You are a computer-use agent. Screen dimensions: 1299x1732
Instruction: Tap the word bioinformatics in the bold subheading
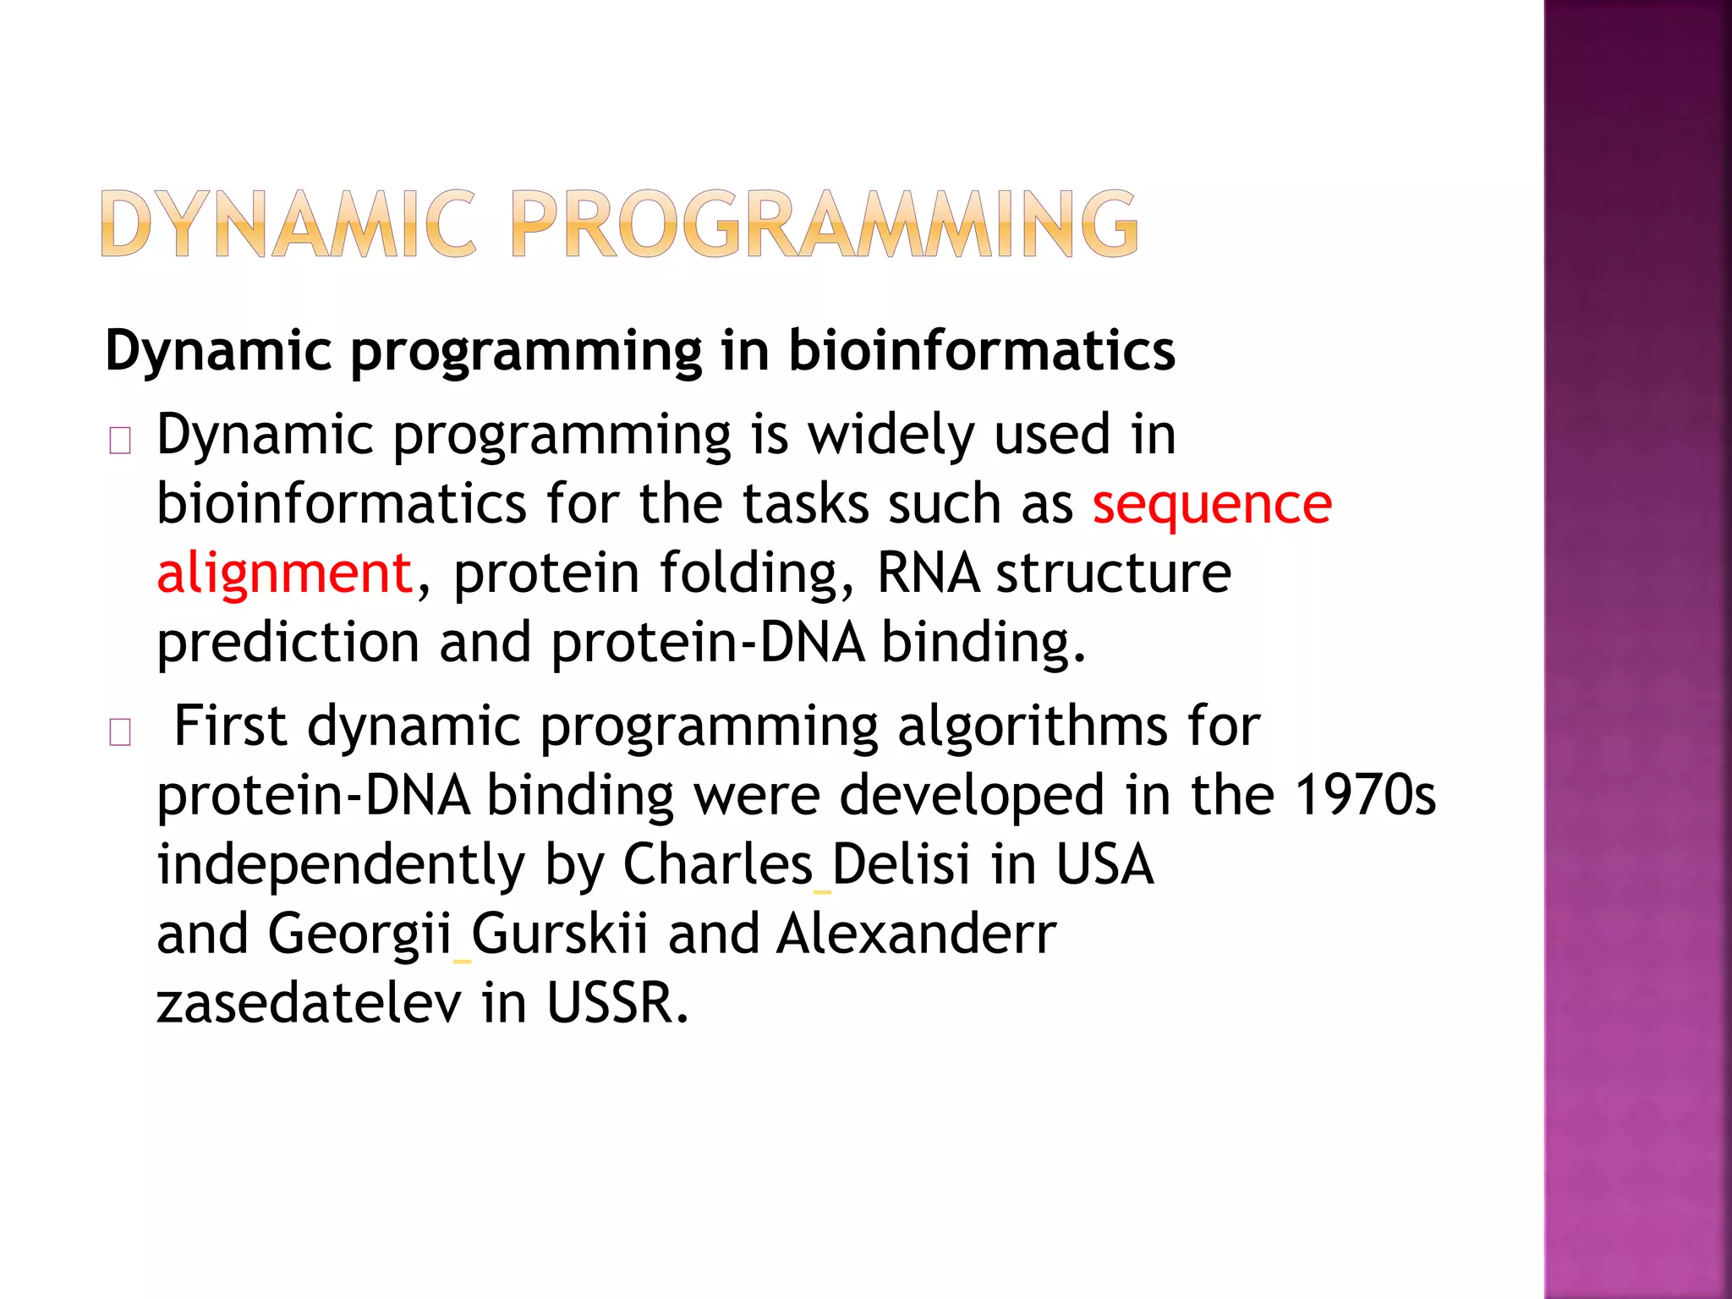981,350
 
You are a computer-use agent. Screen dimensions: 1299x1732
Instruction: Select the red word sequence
1211,504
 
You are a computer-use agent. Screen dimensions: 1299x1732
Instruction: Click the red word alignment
284,573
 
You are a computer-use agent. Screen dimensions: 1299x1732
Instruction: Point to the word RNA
928,573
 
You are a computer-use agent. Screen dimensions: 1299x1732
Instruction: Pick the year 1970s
1365,795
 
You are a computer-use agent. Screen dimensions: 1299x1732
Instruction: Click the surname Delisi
901,864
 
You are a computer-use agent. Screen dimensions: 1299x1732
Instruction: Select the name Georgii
359,934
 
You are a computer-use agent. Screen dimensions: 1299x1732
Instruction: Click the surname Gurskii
559,934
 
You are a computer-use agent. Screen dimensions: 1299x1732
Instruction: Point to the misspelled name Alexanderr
916,934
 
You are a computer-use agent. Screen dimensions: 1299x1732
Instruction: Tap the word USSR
617,1003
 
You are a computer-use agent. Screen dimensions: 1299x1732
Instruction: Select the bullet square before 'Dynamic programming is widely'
120,441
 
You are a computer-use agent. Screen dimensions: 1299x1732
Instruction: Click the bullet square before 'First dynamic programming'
120,732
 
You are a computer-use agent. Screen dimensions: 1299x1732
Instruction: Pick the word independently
341,866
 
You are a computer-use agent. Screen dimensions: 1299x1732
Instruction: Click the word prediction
288,643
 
